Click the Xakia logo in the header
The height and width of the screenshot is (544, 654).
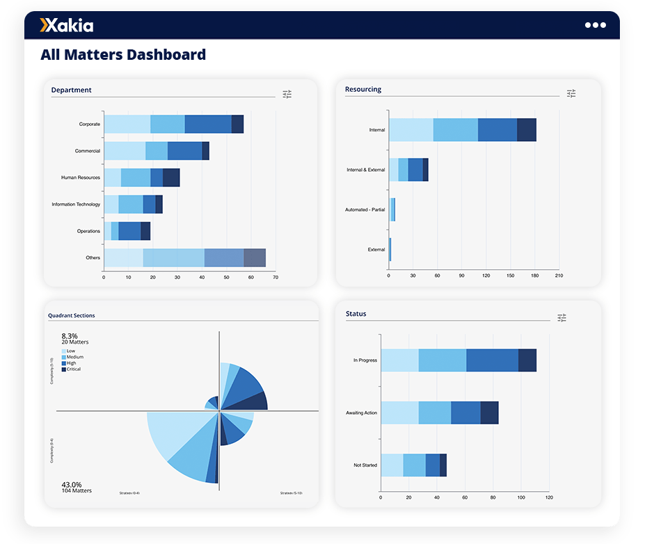67,26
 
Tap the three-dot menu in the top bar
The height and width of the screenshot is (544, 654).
595,25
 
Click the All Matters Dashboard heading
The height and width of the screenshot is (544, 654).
123,55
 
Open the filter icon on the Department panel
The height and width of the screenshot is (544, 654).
287,94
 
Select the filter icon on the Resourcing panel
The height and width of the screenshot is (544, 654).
571,93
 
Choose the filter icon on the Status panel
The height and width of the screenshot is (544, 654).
562,318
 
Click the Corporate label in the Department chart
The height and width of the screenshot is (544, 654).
90,125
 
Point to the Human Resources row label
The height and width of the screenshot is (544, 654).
81,178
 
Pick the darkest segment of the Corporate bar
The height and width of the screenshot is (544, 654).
237,125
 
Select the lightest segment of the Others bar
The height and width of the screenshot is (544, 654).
123,258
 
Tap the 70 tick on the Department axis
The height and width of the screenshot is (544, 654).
276,278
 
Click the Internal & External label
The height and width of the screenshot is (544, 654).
366,170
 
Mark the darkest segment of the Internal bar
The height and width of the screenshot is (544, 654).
527,130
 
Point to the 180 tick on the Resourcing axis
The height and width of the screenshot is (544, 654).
534,276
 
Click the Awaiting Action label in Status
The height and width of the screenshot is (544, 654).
362,413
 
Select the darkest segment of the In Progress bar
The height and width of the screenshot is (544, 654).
527,360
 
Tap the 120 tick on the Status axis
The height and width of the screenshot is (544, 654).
549,498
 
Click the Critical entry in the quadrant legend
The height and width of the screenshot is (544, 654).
74,369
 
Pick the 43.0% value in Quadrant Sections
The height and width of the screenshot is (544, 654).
72,484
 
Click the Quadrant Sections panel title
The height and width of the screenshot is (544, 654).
72,316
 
